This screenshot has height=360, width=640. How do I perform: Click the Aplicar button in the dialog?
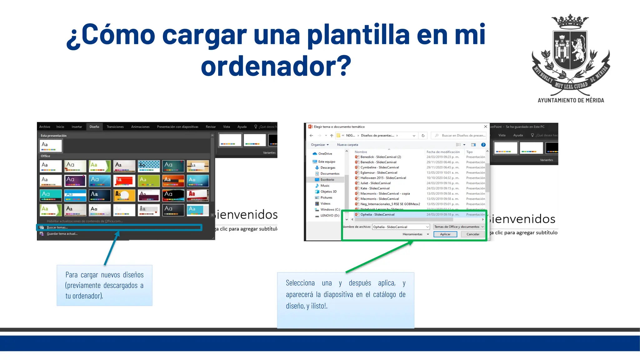(445, 234)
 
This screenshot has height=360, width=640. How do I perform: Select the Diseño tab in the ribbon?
(94, 127)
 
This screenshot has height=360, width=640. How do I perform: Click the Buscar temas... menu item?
(57, 227)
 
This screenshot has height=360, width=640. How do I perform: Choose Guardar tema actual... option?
(62, 234)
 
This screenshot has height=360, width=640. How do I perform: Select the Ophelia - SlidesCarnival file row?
(377, 214)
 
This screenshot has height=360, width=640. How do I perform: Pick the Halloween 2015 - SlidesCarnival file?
(383, 178)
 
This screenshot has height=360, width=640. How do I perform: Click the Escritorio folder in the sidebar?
(327, 180)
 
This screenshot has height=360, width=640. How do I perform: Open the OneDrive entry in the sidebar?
(325, 154)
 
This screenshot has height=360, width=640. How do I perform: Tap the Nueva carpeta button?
(347, 145)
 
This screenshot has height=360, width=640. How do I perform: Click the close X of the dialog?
(485, 127)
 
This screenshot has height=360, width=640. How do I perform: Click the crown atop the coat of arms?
(570, 22)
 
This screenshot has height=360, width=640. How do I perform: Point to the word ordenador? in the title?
(276, 66)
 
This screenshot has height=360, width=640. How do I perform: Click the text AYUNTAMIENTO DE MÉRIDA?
(571, 100)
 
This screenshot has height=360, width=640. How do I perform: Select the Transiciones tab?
(115, 127)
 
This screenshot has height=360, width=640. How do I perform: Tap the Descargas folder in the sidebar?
(328, 168)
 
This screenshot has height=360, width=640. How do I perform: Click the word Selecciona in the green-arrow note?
(300, 283)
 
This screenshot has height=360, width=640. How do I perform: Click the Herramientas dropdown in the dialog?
(415, 234)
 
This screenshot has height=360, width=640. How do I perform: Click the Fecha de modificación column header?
(443, 152)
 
